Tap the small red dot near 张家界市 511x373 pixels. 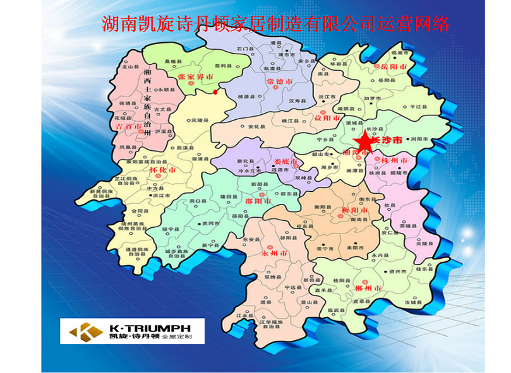(216, 93)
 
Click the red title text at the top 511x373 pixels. (276, 24)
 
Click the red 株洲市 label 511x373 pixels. (395, 162)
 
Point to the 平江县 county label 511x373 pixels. (414, 108)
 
